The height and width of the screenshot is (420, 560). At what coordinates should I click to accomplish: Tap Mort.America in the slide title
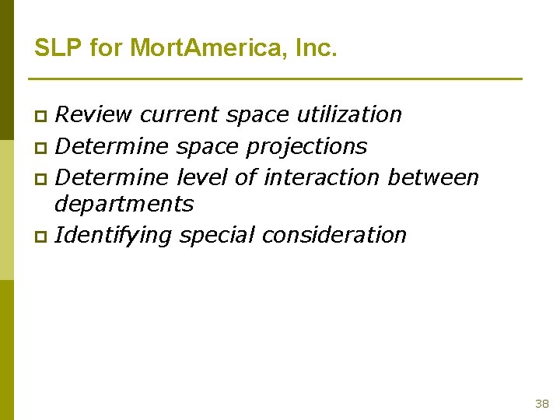(x=208, y=48)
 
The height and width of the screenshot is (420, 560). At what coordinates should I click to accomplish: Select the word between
(x=433, y=177)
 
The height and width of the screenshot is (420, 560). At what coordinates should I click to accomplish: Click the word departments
(x=124, y=205)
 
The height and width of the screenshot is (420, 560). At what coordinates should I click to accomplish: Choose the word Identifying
(x=114, y=235)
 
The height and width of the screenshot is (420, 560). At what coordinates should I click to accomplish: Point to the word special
(x=216, y=235)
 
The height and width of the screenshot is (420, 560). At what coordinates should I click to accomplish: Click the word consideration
(x=334, y=235)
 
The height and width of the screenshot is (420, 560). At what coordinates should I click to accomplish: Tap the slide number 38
(x=542, y=404)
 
